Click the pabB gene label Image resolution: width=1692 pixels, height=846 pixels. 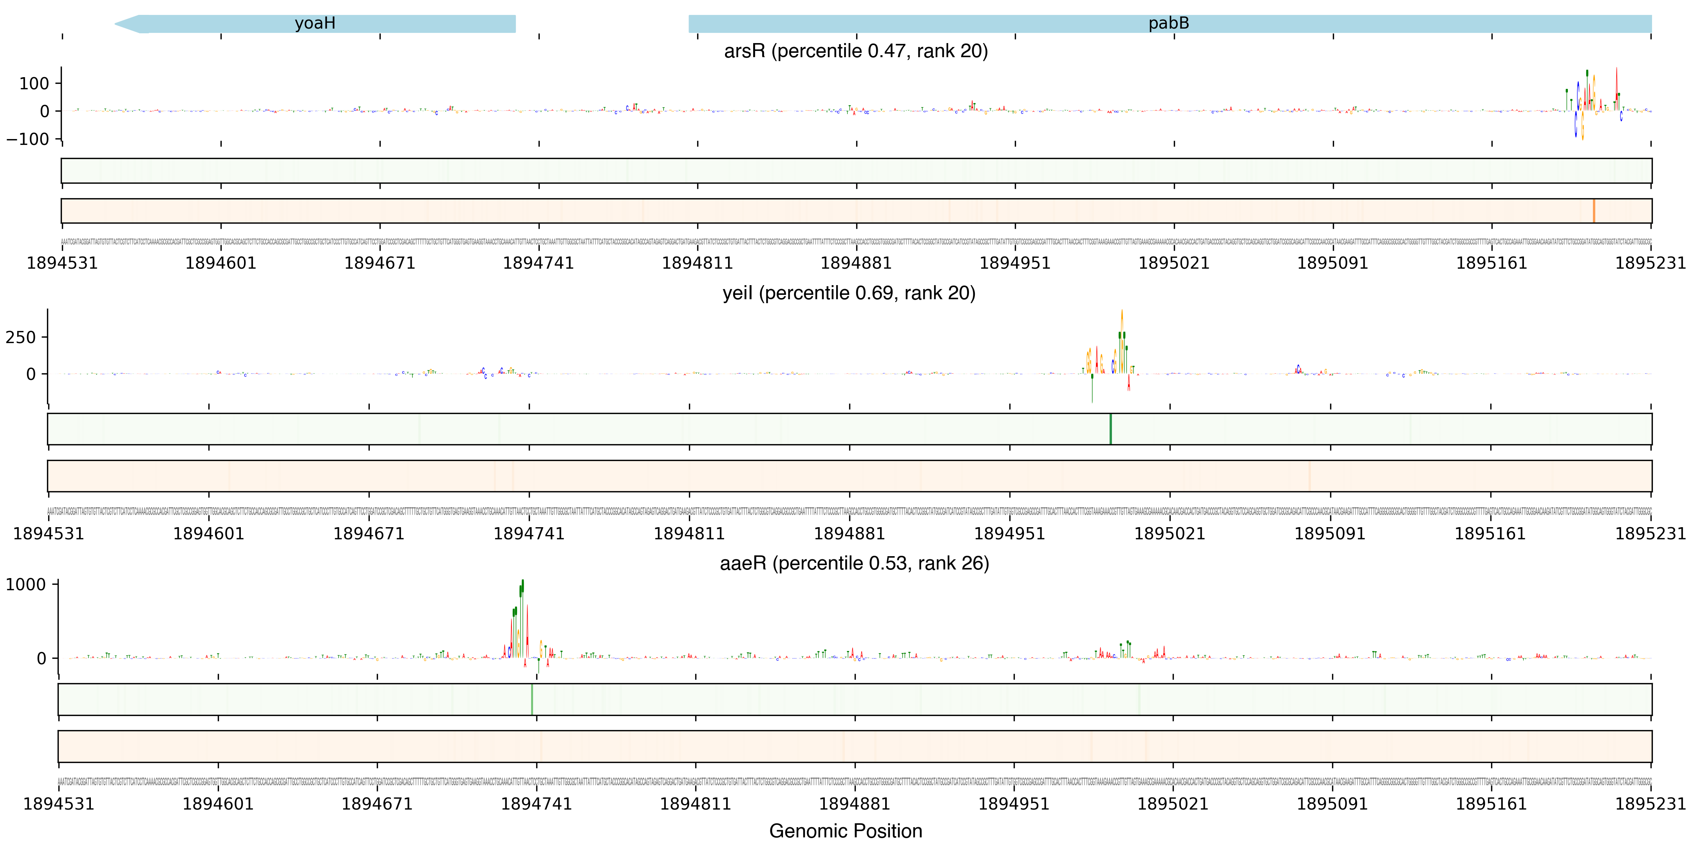(1168, 23)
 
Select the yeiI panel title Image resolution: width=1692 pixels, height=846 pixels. (849, 293)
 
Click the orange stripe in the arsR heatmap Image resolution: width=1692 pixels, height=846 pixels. (1593, 211)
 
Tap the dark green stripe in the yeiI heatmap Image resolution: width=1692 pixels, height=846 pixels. (1110, 429)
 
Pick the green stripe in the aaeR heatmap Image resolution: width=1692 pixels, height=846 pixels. (531, 700)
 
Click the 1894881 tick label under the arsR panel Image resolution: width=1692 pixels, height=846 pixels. (856, 263)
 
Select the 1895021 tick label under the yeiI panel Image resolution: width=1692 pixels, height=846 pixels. (1170, 534)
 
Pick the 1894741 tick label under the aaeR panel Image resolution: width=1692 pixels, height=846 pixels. (536, 804)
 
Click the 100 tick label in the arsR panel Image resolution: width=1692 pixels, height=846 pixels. (34, 83)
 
